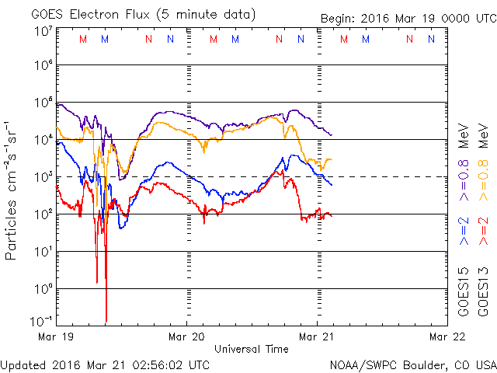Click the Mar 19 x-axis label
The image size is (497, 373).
[x=57, y=338]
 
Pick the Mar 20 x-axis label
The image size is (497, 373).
[x=186, y=338]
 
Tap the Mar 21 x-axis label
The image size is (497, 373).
[x=316, y=338]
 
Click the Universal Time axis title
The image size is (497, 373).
[x=251, y=350]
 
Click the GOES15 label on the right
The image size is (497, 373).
[x=464, y=292]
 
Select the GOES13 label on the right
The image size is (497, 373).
[x=482, y=292]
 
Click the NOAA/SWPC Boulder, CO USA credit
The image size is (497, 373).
[x=412, y=364]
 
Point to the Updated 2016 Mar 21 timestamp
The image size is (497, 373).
[x=106, y=364]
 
